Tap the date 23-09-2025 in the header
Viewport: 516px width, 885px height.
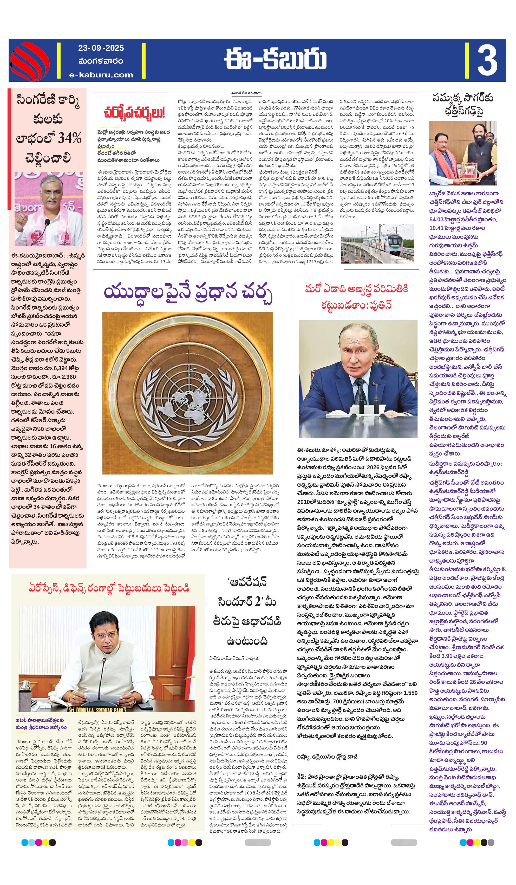101,48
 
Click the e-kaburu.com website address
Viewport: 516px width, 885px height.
101,74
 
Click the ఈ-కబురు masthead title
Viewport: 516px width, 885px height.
276,60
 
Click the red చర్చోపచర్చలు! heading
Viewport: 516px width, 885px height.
134,113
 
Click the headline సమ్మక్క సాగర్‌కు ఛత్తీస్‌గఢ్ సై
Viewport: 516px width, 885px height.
463,104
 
